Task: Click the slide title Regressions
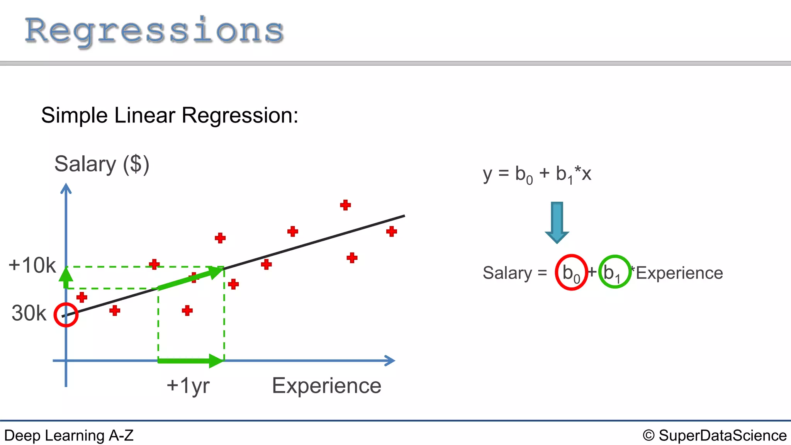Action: [154, 31]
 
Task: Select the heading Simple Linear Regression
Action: [170, 115]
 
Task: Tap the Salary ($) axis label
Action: [102, 164]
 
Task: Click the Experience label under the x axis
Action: [326, 386]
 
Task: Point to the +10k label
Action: [32, 265]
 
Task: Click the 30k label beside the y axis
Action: [29, 313]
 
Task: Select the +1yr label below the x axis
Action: [188, 386]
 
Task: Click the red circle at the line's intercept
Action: [66, 315]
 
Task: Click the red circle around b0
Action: [571, 273]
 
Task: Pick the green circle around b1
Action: [614, 272]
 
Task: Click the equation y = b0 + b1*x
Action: [537, 174]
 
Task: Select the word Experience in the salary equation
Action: [679, 273]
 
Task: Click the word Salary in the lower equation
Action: [508, 273]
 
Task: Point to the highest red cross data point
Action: [345, 205]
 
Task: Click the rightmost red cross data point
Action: [391, 231]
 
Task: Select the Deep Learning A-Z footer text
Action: [69, 436]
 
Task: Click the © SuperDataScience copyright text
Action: [715, 436]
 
